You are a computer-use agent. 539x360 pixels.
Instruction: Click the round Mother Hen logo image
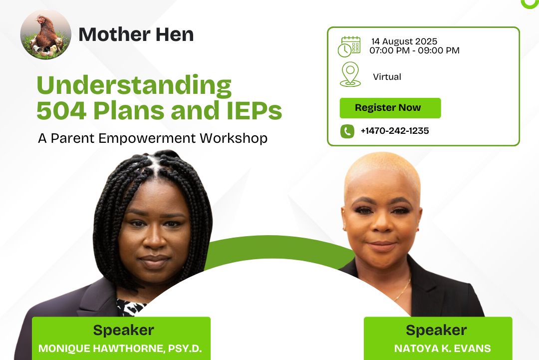point(46,34)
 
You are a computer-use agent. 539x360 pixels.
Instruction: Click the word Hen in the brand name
point(175,34)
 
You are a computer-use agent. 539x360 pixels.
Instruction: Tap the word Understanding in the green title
point(134,86)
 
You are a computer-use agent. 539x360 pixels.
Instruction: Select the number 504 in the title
point(61,110)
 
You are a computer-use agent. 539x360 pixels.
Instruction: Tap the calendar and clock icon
point(349,46)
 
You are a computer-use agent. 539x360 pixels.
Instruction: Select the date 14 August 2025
point(404,41)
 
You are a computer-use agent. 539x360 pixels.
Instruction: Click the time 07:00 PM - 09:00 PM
point(414,50)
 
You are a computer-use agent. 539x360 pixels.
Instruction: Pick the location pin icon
point(350,74)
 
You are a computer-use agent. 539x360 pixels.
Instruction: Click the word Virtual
point(387,77)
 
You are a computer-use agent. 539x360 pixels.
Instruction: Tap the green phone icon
point(347,131)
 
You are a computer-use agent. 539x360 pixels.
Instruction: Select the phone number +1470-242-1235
point(395,131)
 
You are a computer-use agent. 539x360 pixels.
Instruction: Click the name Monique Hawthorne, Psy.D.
point(120,349)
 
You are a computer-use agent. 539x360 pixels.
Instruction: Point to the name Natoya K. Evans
point(442,349)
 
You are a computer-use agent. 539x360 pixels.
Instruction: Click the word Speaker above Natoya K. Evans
point(436,330)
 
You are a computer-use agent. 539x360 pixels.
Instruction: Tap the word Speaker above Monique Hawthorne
point(123,330)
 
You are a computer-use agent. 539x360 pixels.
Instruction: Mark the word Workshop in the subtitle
point(234,138)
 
